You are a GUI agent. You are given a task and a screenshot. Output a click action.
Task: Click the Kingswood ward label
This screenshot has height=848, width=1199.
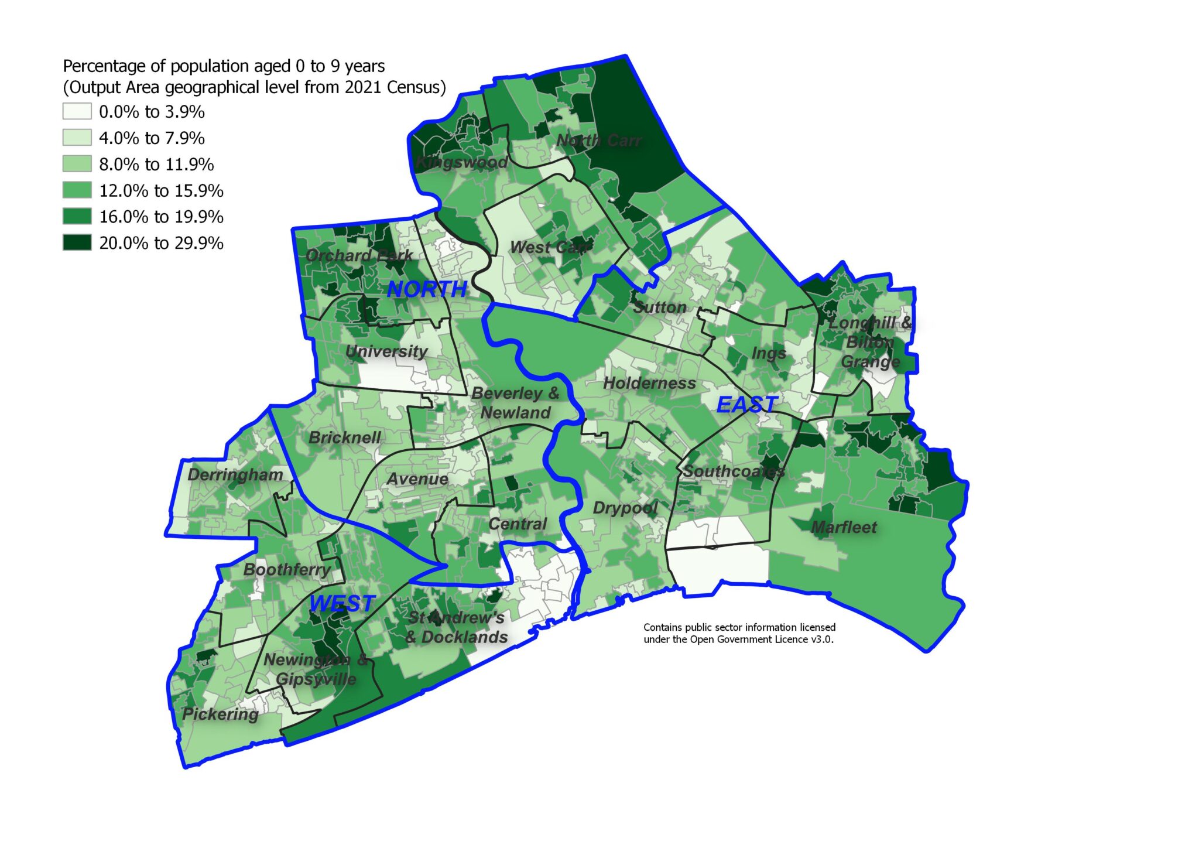[x=461, y=162]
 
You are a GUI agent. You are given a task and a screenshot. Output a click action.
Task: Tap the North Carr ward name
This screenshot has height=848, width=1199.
[x=598, y=141]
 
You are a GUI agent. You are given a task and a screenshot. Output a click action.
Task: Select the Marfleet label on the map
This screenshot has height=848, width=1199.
[x=844, y=528]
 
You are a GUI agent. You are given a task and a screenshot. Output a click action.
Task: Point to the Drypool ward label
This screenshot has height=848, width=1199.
[x=625, y=508]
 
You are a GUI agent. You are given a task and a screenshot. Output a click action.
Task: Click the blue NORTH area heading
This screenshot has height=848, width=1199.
[x=427, y=289]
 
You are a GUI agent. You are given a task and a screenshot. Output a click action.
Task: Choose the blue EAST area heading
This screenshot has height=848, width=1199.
[x=747, y=404]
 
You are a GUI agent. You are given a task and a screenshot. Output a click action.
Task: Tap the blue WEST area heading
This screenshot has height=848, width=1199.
[x=342, y=604]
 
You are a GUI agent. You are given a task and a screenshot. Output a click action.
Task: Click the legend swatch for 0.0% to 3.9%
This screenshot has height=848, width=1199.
[x=77, y=111]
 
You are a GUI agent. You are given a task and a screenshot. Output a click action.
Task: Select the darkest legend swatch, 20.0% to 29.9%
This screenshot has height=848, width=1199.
[x=77, y=242]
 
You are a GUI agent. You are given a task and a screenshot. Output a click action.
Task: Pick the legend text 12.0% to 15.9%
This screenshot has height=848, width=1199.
[x=161, y=191]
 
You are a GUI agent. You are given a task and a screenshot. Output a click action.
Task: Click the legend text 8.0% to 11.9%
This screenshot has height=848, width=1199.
[x=156, y=165]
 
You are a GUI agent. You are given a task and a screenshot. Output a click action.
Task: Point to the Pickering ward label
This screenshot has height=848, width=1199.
[x=220, y=714]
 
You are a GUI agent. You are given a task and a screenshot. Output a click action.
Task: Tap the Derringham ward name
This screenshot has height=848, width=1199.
[x=235, y=475]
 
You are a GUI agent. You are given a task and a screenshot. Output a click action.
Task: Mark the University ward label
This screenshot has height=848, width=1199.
[x=386, y=351]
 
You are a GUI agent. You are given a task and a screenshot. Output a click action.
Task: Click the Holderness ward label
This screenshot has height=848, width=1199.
[x=649, y=384]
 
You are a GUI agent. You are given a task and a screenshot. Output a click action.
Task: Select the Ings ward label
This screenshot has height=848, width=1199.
[x=769, y=354]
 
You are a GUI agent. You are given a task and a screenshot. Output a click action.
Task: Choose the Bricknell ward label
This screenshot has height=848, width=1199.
[x=344, y=437]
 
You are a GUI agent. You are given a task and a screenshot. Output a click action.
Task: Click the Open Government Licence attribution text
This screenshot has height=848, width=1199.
[x=739, y=634]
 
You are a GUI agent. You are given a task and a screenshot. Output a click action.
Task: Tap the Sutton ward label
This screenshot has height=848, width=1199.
[x=660, y=307]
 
